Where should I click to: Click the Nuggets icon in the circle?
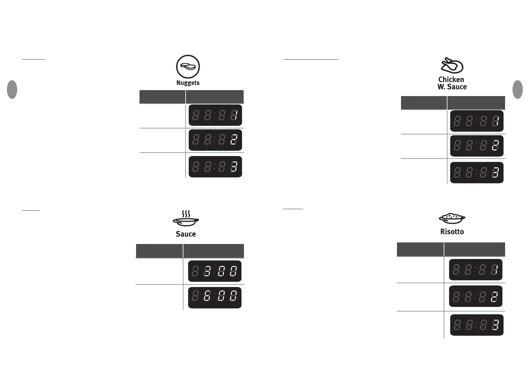(188, 67)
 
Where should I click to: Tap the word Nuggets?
(188, 83)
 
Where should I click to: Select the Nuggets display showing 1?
(215, 115)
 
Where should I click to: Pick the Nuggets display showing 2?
(215, 140)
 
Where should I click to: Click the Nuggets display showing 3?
(215, 167)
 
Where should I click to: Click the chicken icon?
(452, 65)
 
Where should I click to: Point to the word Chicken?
(451, 79)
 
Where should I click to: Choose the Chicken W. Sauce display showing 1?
(477, 121)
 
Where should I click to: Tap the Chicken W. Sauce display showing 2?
(477, 146)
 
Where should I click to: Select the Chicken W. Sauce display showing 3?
(477, 172)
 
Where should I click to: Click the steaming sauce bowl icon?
(186, 219)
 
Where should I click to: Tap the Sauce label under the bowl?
(186, 234)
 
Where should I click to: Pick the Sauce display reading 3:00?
(214, 271)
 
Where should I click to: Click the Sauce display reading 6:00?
(214, 297)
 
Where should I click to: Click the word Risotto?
(452, 232)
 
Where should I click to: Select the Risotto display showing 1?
(475, 269)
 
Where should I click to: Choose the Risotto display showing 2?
(475, 296)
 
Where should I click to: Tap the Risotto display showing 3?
(477, 325)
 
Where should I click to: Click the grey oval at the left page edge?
(12, 89)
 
